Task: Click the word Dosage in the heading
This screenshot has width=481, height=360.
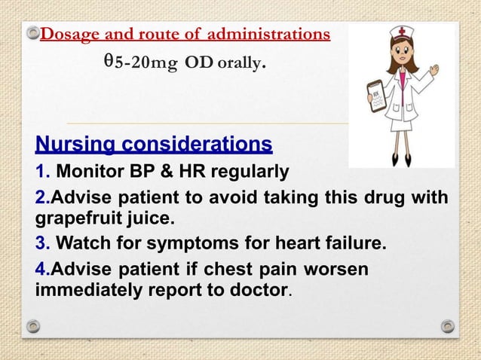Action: coord(64,34)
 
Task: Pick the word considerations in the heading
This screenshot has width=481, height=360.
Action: coord(202,144)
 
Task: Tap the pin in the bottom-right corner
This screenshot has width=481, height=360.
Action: coord(448,326)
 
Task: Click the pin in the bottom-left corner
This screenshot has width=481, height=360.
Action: coord(32,326)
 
